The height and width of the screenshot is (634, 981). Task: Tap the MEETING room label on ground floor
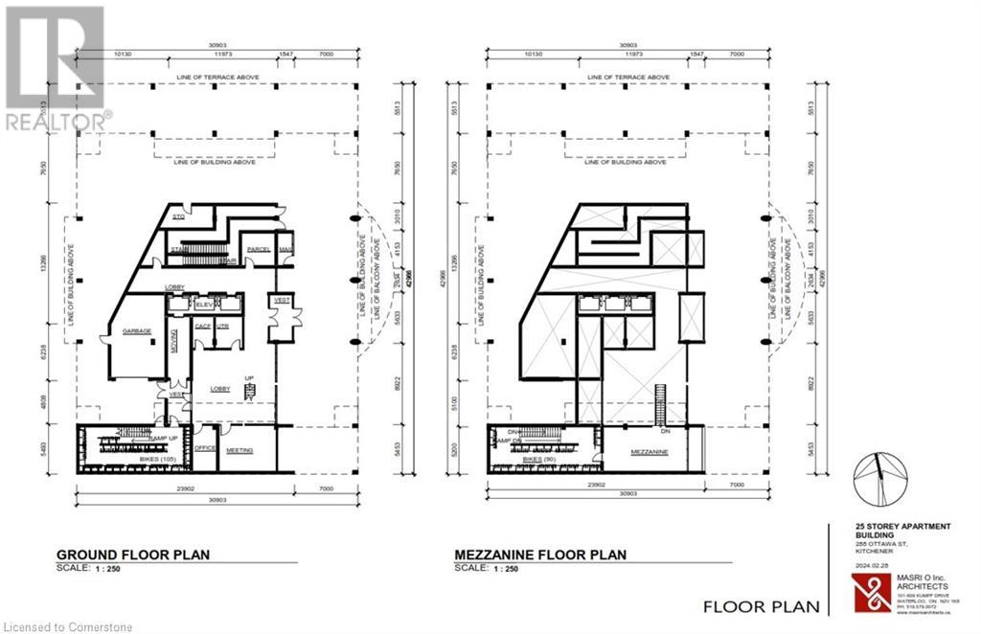click(240, 449)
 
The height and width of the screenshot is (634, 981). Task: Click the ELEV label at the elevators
click(203, 304)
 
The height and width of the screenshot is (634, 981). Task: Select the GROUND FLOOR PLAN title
click(133, 555)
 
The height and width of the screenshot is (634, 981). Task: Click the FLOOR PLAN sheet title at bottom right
click(762, 605)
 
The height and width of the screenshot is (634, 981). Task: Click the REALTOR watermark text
click(58, 122)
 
